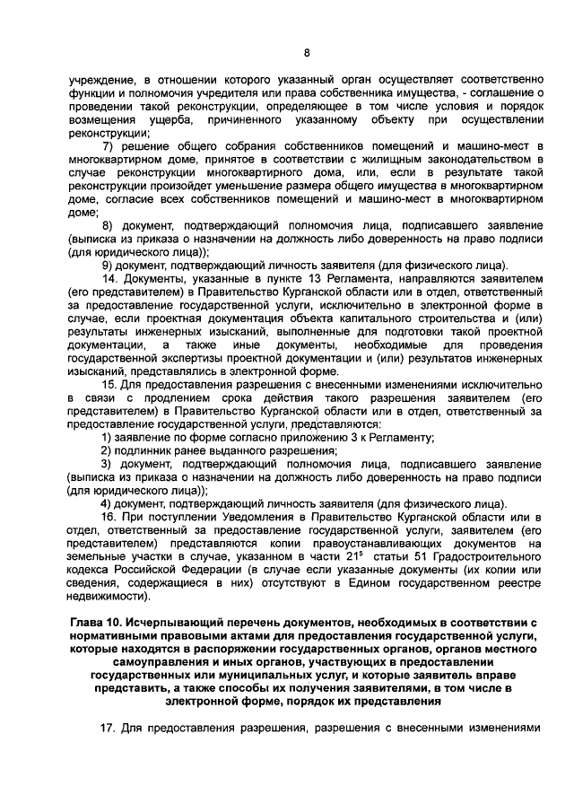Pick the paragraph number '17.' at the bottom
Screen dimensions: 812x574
(x=109, y=729)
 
